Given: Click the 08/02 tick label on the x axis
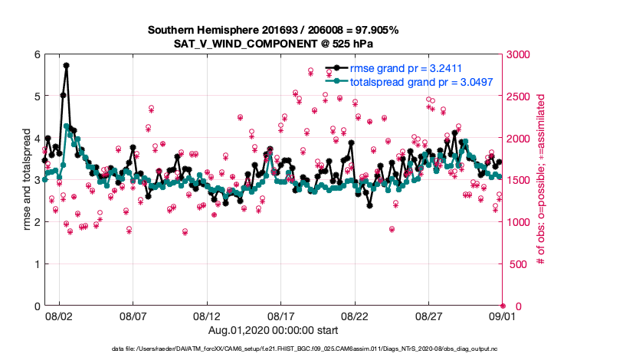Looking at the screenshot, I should pos(59,316).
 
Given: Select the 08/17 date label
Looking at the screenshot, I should pos(280,316).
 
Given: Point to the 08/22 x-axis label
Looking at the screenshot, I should pos(355,316).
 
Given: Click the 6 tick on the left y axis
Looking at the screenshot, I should pos(36,54).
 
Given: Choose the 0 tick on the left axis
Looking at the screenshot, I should pos(36,306).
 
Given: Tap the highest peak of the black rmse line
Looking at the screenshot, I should pos(67,66).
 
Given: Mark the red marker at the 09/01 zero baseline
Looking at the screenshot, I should pos(503,306).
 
